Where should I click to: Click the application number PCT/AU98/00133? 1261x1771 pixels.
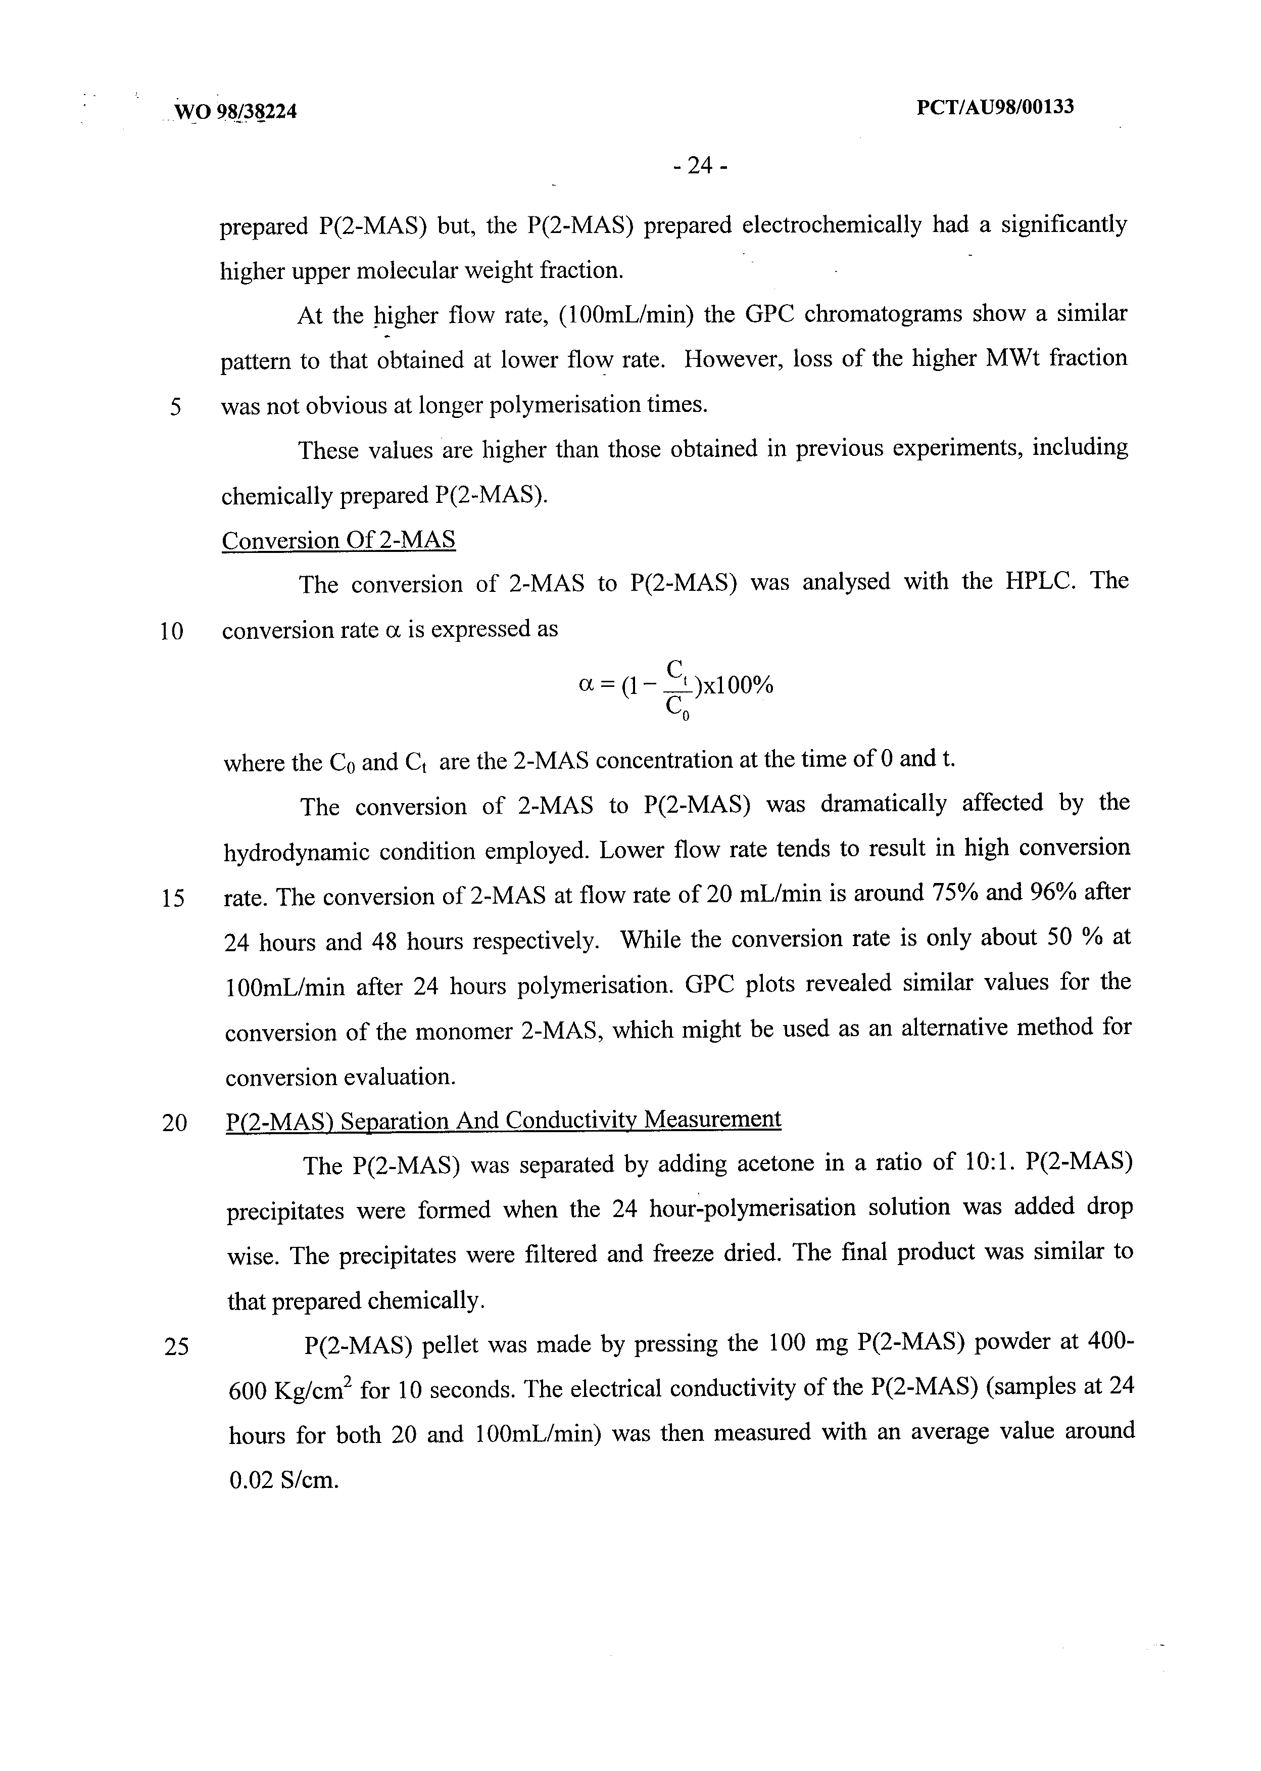point(995,107)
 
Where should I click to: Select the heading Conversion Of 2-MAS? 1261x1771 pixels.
point(338,541)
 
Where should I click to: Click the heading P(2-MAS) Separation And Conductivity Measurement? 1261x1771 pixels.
point(503,1121)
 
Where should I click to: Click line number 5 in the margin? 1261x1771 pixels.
point(175,406)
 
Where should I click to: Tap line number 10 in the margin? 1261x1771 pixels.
point(172,631)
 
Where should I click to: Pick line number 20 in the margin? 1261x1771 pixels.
point(175,1123)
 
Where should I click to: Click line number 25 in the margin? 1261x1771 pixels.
point(176,1346)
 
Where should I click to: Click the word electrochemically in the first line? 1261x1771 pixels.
point(832,225)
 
